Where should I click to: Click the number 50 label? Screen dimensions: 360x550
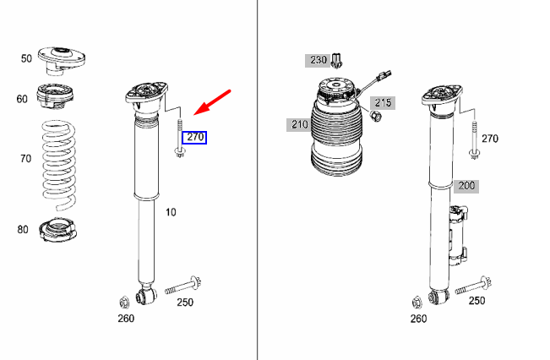pos(26,58)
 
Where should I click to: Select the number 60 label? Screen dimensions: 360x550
pos(21,99)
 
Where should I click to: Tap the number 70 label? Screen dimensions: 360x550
pos(25,158)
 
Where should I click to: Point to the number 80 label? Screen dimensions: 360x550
pos(22,229)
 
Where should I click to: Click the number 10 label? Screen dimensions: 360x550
pos(171,212)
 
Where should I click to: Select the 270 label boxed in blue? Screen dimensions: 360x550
pos(196,137)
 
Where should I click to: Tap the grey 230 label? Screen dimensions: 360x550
pos(318,60)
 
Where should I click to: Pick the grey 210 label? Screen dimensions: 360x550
pos(300,125)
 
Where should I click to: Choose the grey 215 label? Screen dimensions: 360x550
pos(384,102)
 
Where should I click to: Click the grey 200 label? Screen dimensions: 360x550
pos(466,186)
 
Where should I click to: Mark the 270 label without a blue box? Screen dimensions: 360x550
pos(489,138)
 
